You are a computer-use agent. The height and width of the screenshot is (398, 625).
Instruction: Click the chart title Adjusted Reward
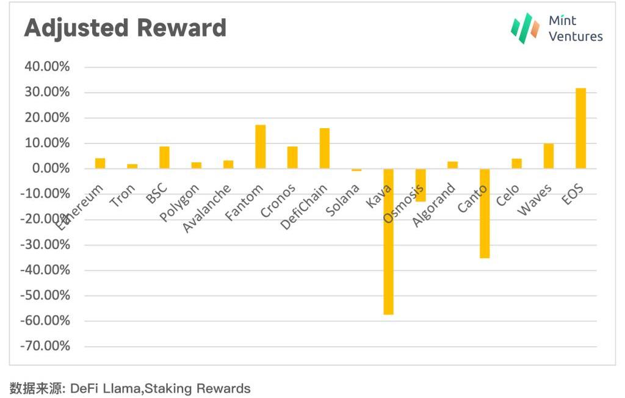(125, 28)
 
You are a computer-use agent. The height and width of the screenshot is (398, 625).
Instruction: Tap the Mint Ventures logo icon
(525, 28)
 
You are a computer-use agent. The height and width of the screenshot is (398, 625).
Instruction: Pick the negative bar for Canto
(485, 213)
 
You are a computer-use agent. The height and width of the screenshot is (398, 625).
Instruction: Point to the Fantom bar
(261, 147)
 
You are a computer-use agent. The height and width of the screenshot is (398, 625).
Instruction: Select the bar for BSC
(164, 157)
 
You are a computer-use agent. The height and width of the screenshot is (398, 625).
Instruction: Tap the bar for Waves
(549, 156)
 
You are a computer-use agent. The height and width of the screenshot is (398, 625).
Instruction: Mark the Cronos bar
(292, 157)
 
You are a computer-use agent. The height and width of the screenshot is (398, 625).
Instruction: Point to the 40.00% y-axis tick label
(47, 67)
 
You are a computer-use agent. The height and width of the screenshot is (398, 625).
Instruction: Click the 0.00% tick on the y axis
(50, 168)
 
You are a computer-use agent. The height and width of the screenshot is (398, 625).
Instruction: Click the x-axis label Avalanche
(207, 208)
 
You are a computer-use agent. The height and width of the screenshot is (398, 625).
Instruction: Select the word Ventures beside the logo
(576, 36)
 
